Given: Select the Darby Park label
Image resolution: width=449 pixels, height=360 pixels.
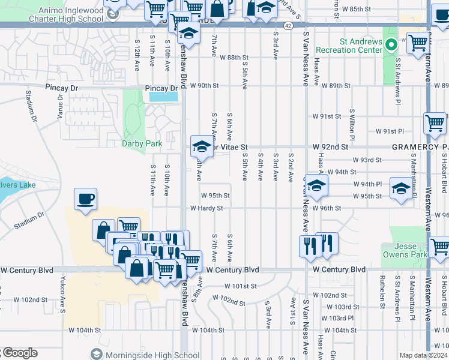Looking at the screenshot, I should click(142, 144).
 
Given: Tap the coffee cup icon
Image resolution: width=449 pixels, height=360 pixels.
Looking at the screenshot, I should click(86, 199).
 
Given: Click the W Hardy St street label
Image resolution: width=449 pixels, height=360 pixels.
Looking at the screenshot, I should click(206, 208).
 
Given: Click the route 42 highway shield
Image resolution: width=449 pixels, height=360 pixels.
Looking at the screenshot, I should click(288, 26).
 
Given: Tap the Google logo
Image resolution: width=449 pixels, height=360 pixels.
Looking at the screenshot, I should click(19, 353).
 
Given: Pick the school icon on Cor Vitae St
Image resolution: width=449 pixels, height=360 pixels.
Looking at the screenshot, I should click(202, 146).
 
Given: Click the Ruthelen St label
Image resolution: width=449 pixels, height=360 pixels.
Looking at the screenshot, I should click(382, 289).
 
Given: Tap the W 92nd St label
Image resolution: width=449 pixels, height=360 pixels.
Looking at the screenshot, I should click(330, 146).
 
